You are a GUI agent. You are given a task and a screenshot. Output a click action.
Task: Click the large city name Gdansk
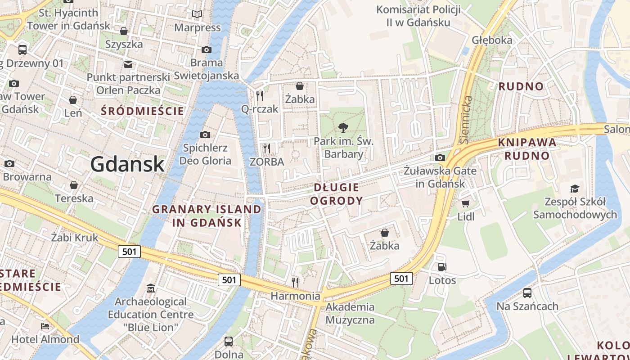127,164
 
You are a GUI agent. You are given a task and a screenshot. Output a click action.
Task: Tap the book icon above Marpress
197,14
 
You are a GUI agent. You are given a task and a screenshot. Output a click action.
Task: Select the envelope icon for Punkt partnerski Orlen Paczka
129,64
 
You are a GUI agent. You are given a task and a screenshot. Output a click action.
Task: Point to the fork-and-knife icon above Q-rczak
260,95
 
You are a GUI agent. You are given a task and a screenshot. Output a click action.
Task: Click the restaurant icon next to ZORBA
267,148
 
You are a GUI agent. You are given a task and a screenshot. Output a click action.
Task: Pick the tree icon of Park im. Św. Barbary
343,127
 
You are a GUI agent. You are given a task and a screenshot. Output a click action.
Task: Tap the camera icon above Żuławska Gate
440,157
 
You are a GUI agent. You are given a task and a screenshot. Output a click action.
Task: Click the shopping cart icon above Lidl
465,203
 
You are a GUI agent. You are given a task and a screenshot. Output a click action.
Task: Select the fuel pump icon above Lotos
442,267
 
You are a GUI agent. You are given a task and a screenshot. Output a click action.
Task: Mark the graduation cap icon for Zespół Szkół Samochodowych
575,189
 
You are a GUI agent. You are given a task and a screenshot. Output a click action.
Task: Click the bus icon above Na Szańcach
527,293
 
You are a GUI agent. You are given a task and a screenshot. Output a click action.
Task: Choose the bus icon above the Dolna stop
229,341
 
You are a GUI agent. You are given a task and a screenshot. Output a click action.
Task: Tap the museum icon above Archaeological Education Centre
151,288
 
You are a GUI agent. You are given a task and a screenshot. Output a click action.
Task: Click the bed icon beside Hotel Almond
45,326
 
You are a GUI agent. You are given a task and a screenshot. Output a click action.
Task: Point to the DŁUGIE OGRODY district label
336,194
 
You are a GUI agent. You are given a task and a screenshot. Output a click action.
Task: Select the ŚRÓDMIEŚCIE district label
143,111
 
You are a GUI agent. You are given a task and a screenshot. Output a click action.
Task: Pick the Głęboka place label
492,40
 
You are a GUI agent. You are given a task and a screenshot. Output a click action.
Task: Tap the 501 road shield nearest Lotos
401,278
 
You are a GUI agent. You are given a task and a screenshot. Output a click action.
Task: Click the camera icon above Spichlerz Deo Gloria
205,135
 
